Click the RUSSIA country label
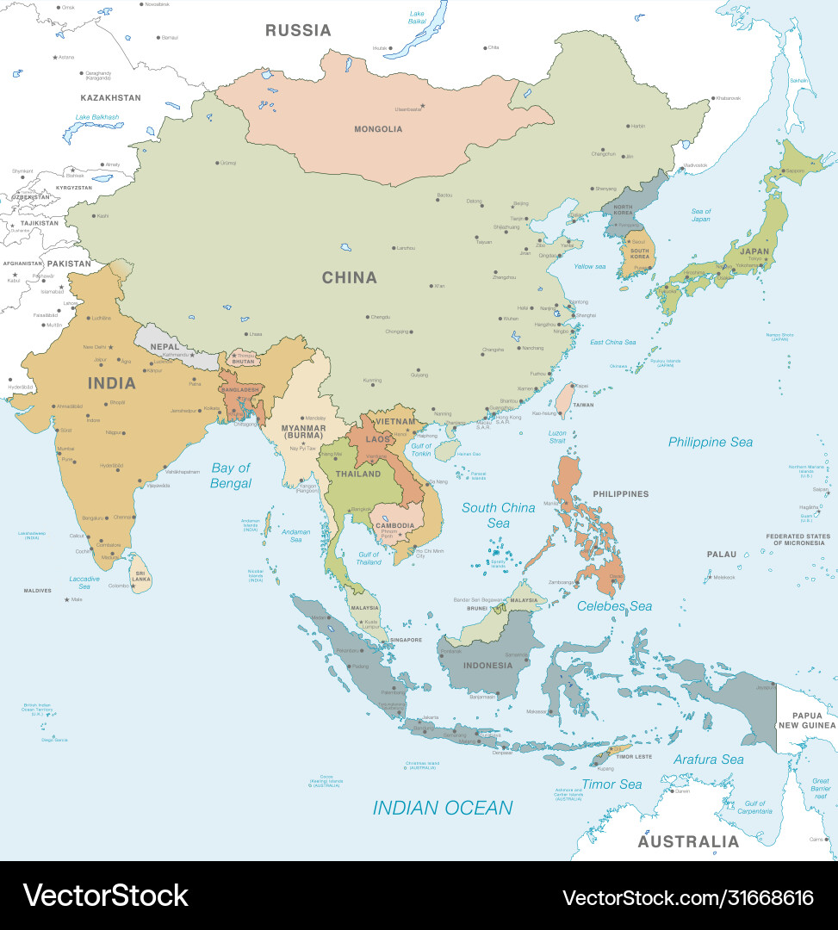pyautogui.click(x=298, y=30)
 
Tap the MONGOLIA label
pyautogui.click(x=378, y=129)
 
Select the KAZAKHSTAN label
pyautogui.click(x=110, y=98)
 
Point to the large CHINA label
pyautogui.click(x=349, y=277)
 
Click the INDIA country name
pyautogui.click(x=111, y=382)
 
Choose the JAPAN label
pyautogui.click(x=754, y=251)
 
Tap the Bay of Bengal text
pyautogui.click(x=231, y=475)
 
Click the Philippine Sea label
pyautogui.click(x=711, y=442)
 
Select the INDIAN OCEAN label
pyautogui.click(x=442, y=808)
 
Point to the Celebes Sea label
pyautogui.click(x=614, y=606)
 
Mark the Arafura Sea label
pyautogui.click(x=708, y=759)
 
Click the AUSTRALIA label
pyautogui.click(x=688, y=841)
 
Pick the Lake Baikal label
pyautogui.click(x=417, y=17)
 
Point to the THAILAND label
pyautogui.click(x=357, y=474)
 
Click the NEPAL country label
pyautogui.click(x=164, y=347)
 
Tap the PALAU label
pyautogui.click(x=722, y=555)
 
